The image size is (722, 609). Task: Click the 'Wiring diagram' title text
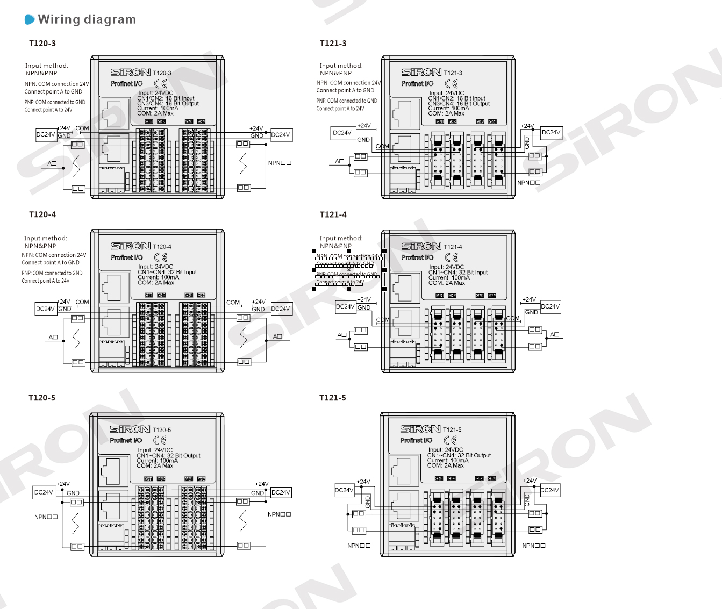pos(87,20)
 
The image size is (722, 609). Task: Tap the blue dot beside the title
pos(30,20)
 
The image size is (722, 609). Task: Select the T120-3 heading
pos(42,44)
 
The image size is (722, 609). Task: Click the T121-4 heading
pos(333,214)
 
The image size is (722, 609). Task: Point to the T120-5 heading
pos(42,398)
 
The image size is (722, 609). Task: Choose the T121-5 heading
pos(333,398)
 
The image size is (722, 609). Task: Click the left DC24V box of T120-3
pos(46,134)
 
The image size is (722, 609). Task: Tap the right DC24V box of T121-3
pos(551,132)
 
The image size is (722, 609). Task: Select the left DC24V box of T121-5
pos(344,490)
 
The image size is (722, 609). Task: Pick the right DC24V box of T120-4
pos(281,309)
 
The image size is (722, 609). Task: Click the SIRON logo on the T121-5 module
pos(420,429)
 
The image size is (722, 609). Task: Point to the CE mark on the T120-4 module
pos(161,257)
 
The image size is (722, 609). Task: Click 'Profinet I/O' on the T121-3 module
pos(417,84)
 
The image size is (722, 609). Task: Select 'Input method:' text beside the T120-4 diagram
pos(46,238)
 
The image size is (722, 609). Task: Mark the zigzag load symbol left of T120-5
pos(75,523)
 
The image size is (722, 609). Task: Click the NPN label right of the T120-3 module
pos(280,163)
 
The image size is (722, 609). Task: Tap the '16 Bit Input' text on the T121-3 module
pos(470,99)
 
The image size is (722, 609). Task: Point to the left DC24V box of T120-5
pos(44,492)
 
